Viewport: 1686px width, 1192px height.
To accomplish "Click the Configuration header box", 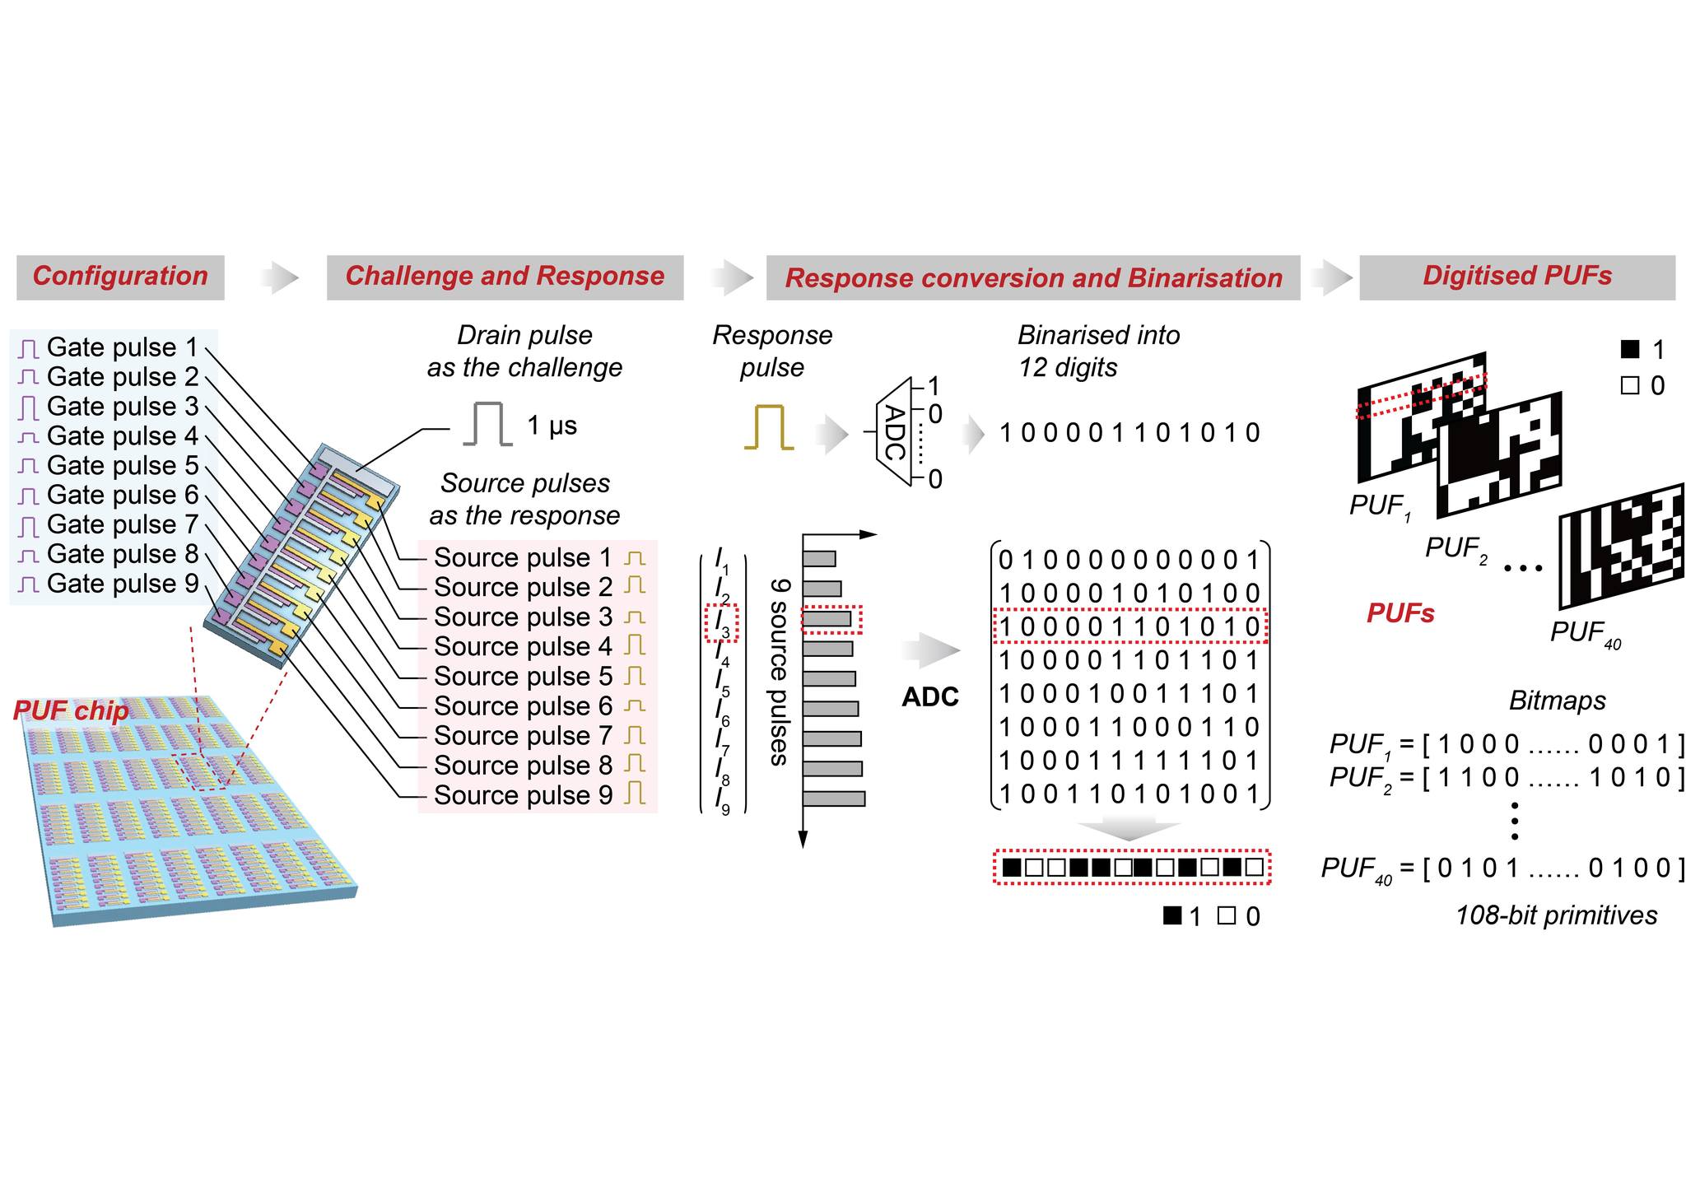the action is (x=120, y=277).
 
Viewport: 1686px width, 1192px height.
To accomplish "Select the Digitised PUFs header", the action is (x=1516, y=277).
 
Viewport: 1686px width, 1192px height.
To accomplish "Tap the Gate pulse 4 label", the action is (x=123, y=435).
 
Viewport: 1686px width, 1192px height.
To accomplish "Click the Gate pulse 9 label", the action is (x=123, y=584).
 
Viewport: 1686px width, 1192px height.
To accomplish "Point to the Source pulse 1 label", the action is (x=523, y=557).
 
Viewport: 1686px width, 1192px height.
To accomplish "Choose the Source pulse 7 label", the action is (x=523, y=735).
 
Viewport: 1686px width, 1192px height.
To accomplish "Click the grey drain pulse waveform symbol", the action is (x=487, y=424).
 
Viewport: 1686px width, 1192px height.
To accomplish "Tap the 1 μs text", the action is (x=552, y=426).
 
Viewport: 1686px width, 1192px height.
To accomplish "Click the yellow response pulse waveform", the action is (x=769, y=426).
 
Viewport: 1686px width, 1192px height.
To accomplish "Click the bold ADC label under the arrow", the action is (x=930, y=697).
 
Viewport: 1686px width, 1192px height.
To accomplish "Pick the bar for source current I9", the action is (x=834, y=799).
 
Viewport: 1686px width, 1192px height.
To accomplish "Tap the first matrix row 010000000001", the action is (x=1129, y=560).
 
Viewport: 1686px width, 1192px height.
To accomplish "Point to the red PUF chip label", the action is (x=71, y=710).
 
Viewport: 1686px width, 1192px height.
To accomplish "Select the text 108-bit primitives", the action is (x=1556, y=915).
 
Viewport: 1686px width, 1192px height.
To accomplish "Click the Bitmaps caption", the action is (x=1558, y=701).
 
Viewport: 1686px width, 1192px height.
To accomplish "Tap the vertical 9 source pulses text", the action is (x=779, y=672).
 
